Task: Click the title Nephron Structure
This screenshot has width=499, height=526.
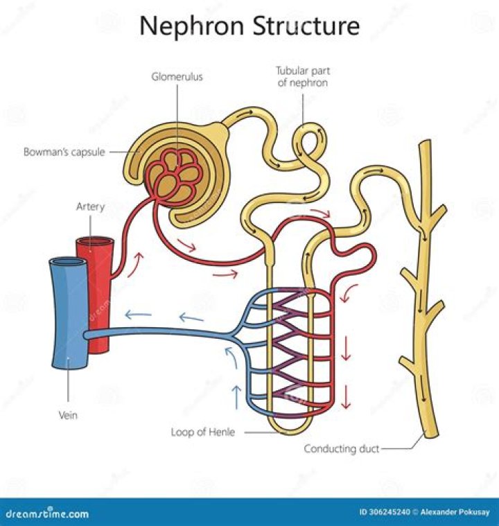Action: (249, 26)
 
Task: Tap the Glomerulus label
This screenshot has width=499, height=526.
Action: (177, 77)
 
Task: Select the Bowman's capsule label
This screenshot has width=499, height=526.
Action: (64, 152)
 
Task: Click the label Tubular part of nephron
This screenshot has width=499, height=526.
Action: (301, 77)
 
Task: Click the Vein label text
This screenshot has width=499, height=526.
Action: (68, 416)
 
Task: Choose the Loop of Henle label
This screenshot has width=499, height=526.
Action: (203, 432)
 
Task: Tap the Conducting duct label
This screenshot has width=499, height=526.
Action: (342, 449)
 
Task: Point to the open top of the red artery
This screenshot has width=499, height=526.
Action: (95, 243)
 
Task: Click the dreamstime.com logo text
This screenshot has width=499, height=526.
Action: (46, 514)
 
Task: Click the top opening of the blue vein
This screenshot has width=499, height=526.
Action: (67, 263)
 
